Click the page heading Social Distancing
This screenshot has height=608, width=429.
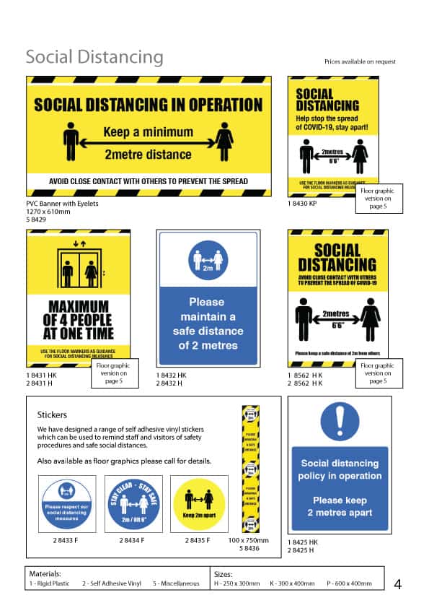[x=94, y=57]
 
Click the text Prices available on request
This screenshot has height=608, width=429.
[x=360, y=62]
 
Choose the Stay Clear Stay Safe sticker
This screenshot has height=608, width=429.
[x=133, y=503]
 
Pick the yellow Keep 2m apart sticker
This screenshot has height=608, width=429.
[x=198, y=503]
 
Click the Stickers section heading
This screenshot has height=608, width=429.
[x=52, y=415]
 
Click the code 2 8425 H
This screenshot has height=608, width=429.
[x=302, y=550]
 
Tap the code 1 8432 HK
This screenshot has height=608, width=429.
[x=172, y=375]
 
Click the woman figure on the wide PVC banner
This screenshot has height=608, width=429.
[x=225, y=141]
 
